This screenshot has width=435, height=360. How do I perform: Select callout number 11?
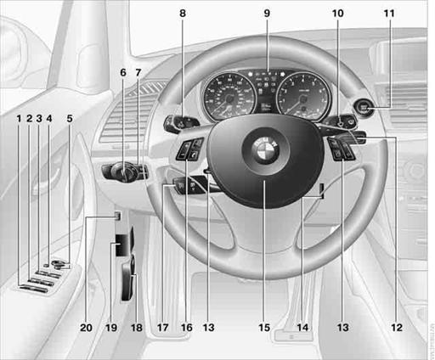click(389, 14)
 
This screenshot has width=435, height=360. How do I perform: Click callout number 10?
click(337, 14)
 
